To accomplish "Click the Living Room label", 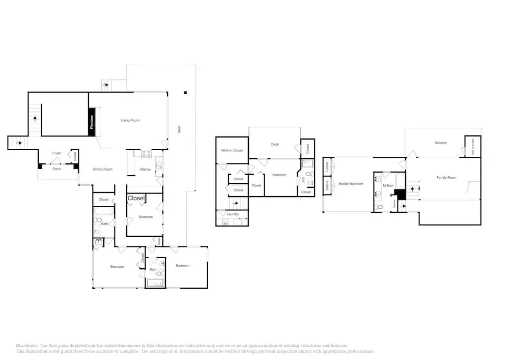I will pyautogui.click(x=130, y=120).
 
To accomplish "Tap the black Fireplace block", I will pyautogui.click(x=92, y=122).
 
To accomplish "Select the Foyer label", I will pyautogui.click(x=57, y=153).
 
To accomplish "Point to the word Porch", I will pyautogui.click(x=57, y=169).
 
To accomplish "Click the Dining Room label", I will pyautogui.click(x=103, y=169).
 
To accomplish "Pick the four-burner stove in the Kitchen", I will pyautogui.click(x=146, y=154).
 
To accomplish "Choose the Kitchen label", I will pyautogui.click(x=146, y=169).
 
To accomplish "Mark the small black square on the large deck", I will pyautogui.click(x=186, y=93).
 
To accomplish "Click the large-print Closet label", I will pyautogui.click(x=136, y=198).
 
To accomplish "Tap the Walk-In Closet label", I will pyautogui.click(x=232, y=150).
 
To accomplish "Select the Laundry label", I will pyautogui.click(x=233, y=214).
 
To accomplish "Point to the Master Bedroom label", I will pyautogui.click(x=351, y=184).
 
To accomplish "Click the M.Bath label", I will pyautogui.click(x=388, y=185).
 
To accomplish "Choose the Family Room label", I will pyautogui.click(x=446, y=177).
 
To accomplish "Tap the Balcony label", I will pyautogui.click(x=440, y=143).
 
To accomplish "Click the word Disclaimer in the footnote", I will pyautogui.click(x=27, y=346).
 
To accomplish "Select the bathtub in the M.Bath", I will pyautogui.click(x=400, y=180).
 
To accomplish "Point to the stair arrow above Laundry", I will pyautogui.click(x=236, y=203).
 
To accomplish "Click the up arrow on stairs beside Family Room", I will pyautogui.click(x=412, y=190).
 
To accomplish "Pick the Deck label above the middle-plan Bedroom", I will pyautogui.click(x=275, y=144).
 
